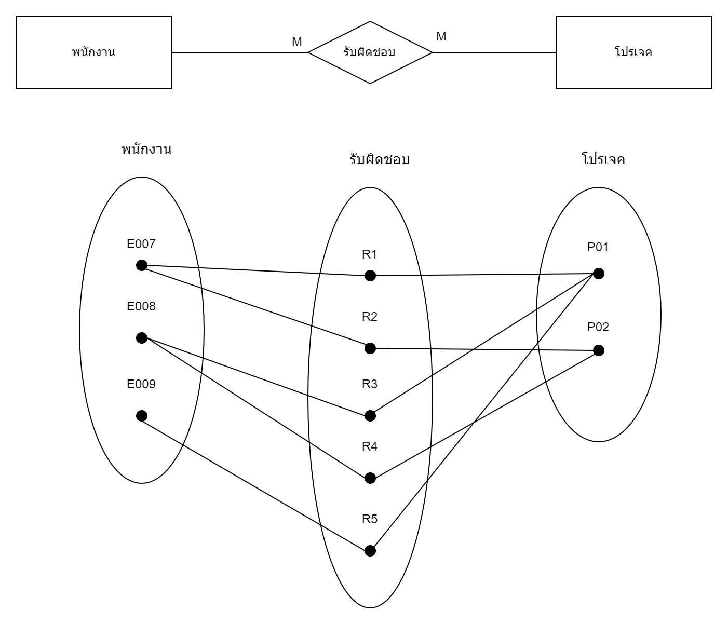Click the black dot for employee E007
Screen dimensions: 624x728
(141, 265)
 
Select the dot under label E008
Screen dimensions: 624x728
(141, 338)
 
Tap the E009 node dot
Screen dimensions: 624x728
(141, 416)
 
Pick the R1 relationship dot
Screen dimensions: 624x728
(370, 276)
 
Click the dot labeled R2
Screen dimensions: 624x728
(370, 348)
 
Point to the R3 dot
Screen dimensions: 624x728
(370, 416)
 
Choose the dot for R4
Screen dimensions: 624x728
(370, 478)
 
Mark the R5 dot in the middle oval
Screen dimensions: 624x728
(370, 551)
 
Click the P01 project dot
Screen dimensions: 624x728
(598, 274)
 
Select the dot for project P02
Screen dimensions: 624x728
(598, 350)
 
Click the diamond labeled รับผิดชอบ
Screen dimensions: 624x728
(370, 52)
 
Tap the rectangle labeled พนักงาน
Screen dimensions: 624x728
(94, 52)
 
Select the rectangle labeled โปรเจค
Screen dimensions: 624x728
(633, 52)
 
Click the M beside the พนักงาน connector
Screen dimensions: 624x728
(297, 42)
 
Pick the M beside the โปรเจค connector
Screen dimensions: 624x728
(441, 36)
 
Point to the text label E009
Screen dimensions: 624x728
(141, 385)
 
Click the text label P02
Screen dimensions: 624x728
(598, 327)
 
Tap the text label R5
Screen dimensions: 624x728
(370, 519)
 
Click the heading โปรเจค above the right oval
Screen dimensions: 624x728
(603, 159)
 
